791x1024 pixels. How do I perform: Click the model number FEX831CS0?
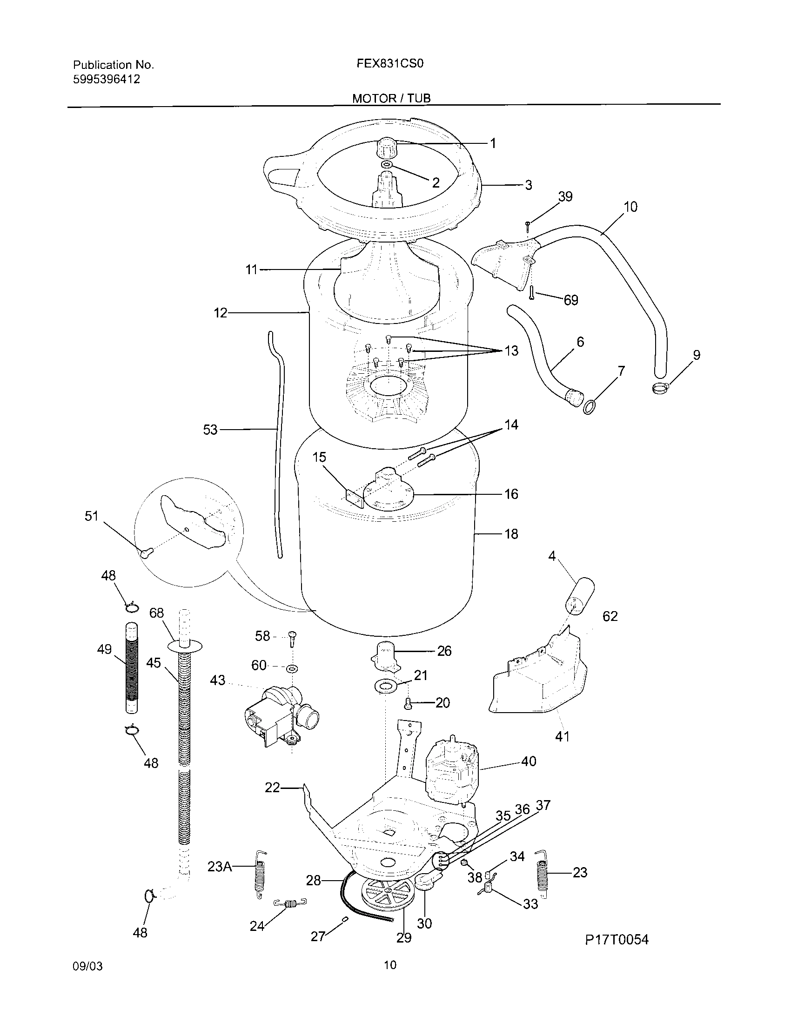390,64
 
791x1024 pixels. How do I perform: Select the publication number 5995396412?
107,79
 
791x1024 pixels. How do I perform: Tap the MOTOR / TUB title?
391,98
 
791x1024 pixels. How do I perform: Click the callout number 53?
210,430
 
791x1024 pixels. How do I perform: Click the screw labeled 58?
292,639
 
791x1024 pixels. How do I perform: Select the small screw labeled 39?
528,227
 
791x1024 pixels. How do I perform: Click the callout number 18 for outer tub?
511,534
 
